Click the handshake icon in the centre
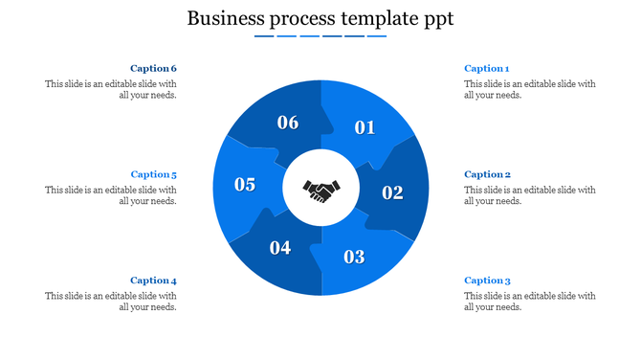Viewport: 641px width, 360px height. [320, 190]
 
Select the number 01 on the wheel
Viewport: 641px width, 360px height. [365, 127]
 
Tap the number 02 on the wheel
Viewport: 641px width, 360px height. [392, 192]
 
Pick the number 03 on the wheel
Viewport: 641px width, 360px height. [354, 257]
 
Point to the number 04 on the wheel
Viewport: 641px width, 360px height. [279, 248]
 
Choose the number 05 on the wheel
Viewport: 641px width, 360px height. [245, 185]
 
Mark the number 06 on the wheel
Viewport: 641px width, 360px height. [288, 123]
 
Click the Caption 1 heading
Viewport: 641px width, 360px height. [486, 69]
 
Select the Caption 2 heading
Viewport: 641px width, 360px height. [487, 174]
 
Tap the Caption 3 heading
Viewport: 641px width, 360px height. [487, 281]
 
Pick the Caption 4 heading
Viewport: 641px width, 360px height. [154, 281]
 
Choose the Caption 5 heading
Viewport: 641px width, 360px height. [154, 174]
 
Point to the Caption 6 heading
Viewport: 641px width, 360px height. [154, 69]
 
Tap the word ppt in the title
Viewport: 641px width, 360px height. [437, 19]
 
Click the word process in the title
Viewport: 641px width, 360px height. [302, 19]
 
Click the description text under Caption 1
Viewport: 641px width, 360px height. [529, 89]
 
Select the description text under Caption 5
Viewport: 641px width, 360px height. [111, 195]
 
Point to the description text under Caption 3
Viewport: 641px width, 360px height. [529, 302]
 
